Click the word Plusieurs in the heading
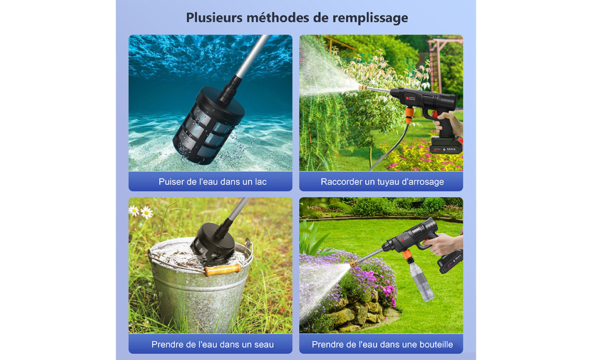pyautogui.click(x=214, y=18)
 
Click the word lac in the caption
pyautogui.click(x=261, y=182)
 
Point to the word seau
pyautogui.click(x=264, y=344)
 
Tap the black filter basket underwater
pyautogui.click(x=208, y=125)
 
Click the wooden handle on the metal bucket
pyautogui.click(x=223, y=270)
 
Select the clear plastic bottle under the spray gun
pyautogui.click(x=422, y=280)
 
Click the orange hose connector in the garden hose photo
pyautogui.click(x=409, y=112)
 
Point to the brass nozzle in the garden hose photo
pyautogui.click(x=363, y=87)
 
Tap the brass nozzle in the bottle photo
pyautogui.click(x=354, y=263)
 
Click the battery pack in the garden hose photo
pyautogui.click(x=447, y=146)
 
